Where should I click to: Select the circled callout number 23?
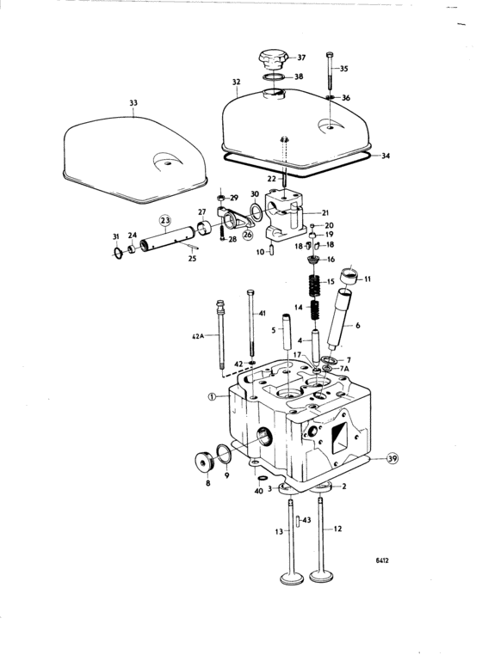click(x=165, y=220)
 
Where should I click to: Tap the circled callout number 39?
click(x=392, y=458)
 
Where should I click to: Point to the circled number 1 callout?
click(x=212, y=397)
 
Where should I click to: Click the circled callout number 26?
click(x=248, y=235)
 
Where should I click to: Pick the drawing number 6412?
click(x=382, y=560)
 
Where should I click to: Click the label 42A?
click(x=196, y=335)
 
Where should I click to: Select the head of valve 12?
click(x=321, y=576)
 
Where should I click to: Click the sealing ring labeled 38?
click(x=274, y=77)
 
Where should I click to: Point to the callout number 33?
click(x=133, y=103)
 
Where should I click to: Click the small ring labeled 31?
click(x=119, y=253)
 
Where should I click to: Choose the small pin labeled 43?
click(x=298, y=521)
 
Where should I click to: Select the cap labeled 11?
click(x=350, y=275)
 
